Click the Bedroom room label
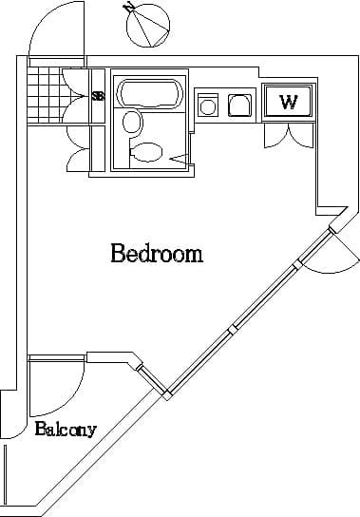click(157, 254)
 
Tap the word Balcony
click(66, 430)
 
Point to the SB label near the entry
click(97, 95)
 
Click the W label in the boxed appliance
click(288, 102)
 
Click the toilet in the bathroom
click(147, 152)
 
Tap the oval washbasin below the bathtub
click(132, 122)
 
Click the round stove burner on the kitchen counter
click(208, 105)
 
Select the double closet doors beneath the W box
click(287, 136)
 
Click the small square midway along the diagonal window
click(231, 330)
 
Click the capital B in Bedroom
click(118, 254)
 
